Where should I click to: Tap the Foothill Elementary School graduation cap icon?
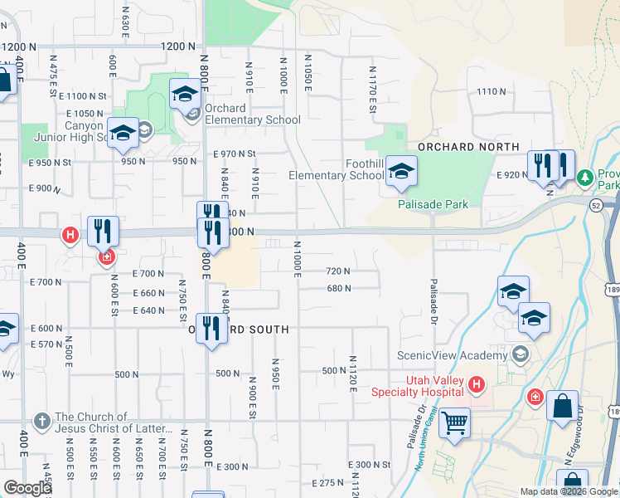point(401,172)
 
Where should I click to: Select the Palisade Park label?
point(433,204)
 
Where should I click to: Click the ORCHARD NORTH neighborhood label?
point(469,147)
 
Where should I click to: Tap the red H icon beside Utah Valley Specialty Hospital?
point(476,383)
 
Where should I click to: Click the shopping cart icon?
point(454,422)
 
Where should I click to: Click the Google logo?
point(27,487)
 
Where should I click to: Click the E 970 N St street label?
point(235,154)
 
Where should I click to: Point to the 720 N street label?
point(338,271)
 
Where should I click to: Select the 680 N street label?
point(339,289)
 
